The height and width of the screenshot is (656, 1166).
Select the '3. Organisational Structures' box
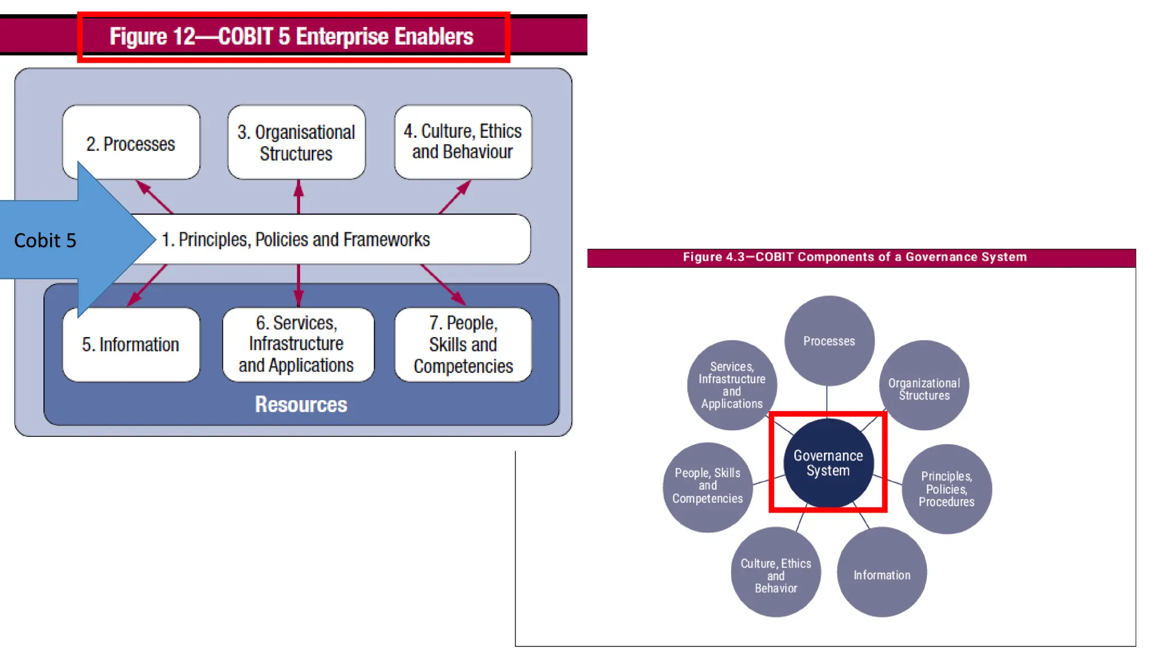pyautogui.click(x=296, y=142)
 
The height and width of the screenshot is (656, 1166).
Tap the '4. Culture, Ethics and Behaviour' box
pyautogui.click(x=463, y=142)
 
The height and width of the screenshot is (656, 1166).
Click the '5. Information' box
pyautogui.click(x=131, y=345)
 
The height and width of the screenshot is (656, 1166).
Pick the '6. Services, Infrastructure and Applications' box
pyautogui.click(x=297, y=345)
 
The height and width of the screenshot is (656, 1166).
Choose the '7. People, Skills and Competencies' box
pyautogui.click(x=463, y=345)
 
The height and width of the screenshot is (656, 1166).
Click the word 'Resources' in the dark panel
pyautogui.click(x=301, y=404)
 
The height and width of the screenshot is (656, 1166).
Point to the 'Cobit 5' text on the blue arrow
pyautogui.click(x=45, y=240)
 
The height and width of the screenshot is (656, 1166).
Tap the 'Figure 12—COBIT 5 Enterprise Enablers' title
pyautogui.click(x=291, y=36)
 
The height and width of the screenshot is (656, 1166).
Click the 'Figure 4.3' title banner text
pyautogui.click(x=854, y=257)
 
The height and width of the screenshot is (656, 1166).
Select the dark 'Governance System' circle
pyautogui.click(x=828, y=462)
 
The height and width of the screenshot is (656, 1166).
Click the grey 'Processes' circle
pyautogui.click(x=829, y=341)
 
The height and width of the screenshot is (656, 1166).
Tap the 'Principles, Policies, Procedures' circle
pyautogui.click(x=946, y=489)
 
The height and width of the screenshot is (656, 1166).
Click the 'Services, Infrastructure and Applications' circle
pyautogui.click(x=732, y=385)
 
